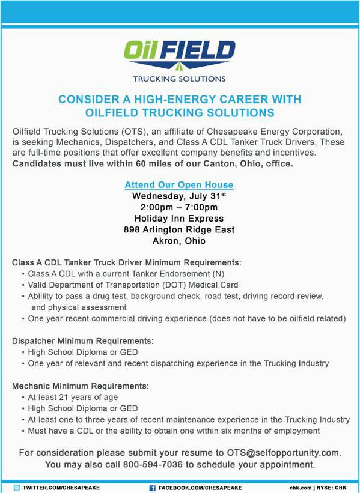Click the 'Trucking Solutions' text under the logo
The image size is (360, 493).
click(179, 79)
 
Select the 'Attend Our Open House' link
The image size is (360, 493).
click(179, 185)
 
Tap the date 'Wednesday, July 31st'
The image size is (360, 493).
click(179, 196)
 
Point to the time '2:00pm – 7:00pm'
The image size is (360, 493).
click(179, 207)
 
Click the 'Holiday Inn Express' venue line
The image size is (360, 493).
click(179, 219)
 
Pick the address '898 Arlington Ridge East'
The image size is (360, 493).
click(179, 230)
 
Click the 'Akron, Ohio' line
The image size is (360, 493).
click(179, 241)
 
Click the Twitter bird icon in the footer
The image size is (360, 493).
click(17, 488)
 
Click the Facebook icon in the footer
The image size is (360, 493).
click(153, 488)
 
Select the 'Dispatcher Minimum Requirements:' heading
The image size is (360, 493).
click(80, 341)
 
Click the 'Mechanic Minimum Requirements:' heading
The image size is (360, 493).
click(80, 386)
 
